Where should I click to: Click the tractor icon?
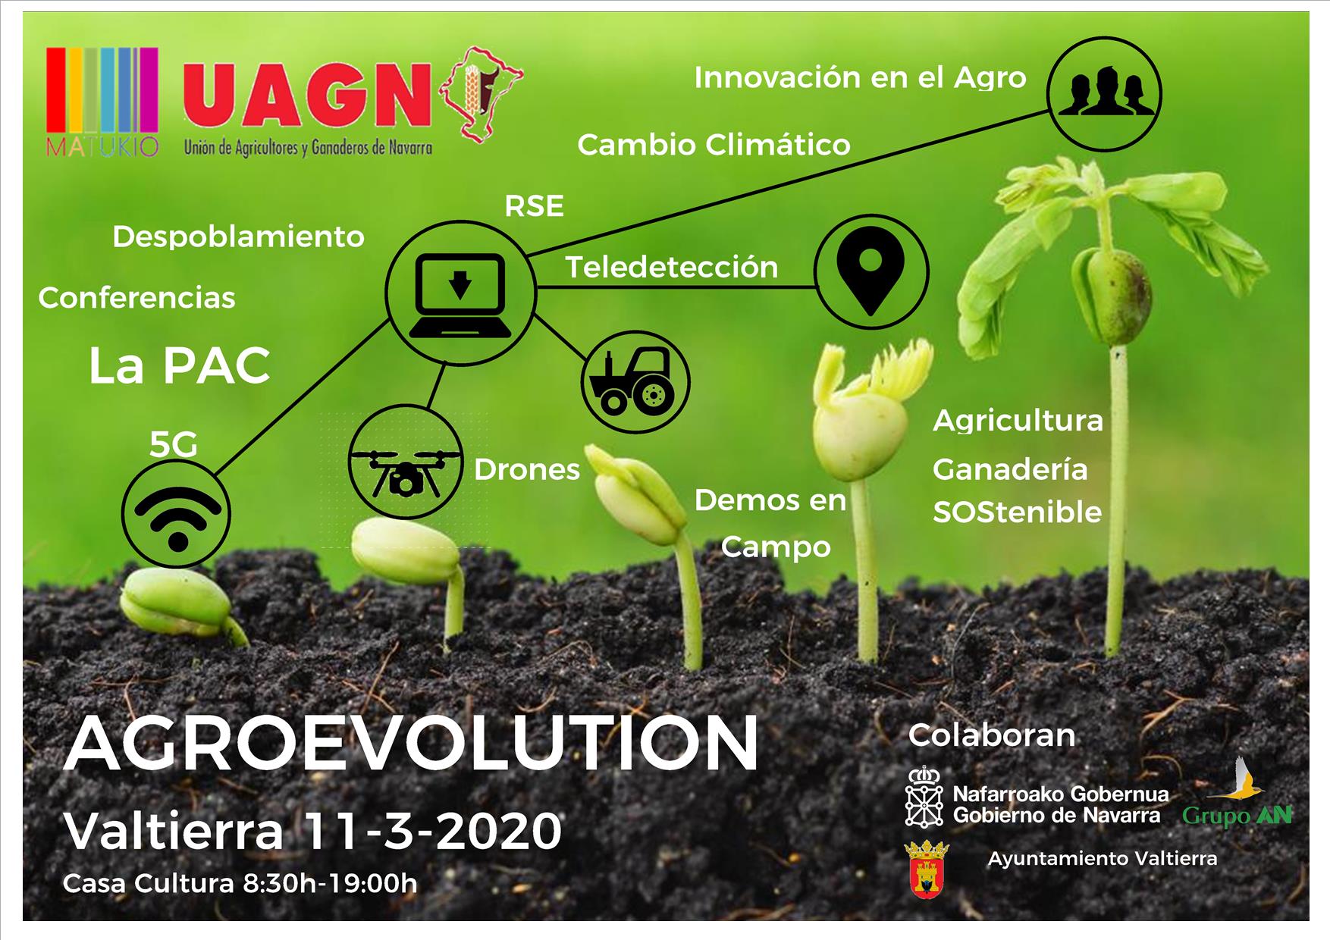coord(635,381)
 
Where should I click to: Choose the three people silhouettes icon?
coord(1104,94)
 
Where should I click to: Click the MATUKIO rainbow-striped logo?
coord(102,101)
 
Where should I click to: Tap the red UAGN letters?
coord(306,97)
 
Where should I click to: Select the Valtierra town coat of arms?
coord(927,869)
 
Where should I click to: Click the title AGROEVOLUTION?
coord(411,744)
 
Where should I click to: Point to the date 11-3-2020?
coord(433,831)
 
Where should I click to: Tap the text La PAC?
coord(180,366)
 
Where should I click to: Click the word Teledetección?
coord(672,267)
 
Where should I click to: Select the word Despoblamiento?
coord(239,237)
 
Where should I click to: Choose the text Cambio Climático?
coord(714,145)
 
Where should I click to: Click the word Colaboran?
coord(992,735)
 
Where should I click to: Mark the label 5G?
coord(174,444)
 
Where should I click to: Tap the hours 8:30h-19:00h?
coord(330,883)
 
